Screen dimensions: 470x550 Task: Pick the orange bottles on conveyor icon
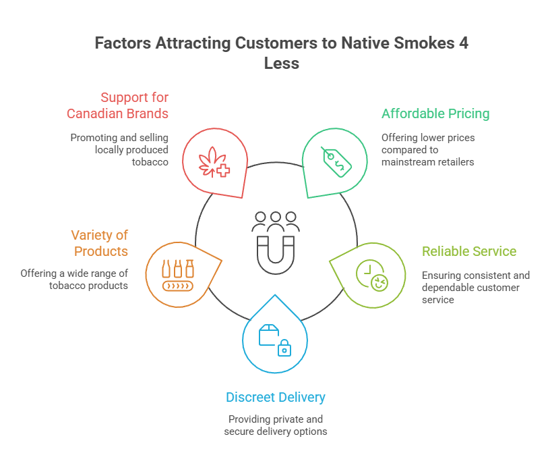[177, 274]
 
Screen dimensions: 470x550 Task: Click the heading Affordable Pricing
[435, 113]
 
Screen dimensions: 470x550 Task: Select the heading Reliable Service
[469, 251]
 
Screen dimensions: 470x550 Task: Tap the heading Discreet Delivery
[275, 397]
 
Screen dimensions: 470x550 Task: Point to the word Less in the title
[281, 64]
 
